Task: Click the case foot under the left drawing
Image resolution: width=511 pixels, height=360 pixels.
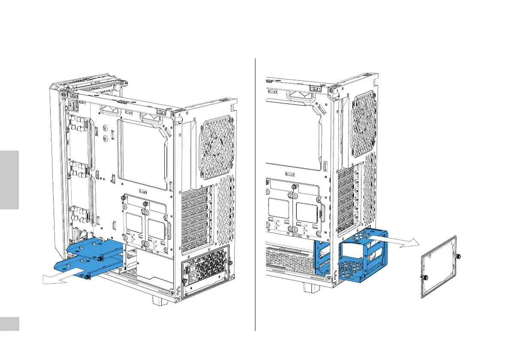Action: pyautogui.click(x=159, y=300)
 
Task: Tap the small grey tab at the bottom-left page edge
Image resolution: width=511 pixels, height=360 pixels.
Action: pyautogui.click(x=9, y=324)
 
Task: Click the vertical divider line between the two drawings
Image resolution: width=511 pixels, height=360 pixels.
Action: pyautogui.click(x=255, y=193)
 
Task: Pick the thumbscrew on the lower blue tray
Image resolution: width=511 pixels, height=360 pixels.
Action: pyautogui.click(x=88, y=277)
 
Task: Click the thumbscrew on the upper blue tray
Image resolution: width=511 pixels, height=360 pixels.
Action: pyautogui.click(x=100, y=258)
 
